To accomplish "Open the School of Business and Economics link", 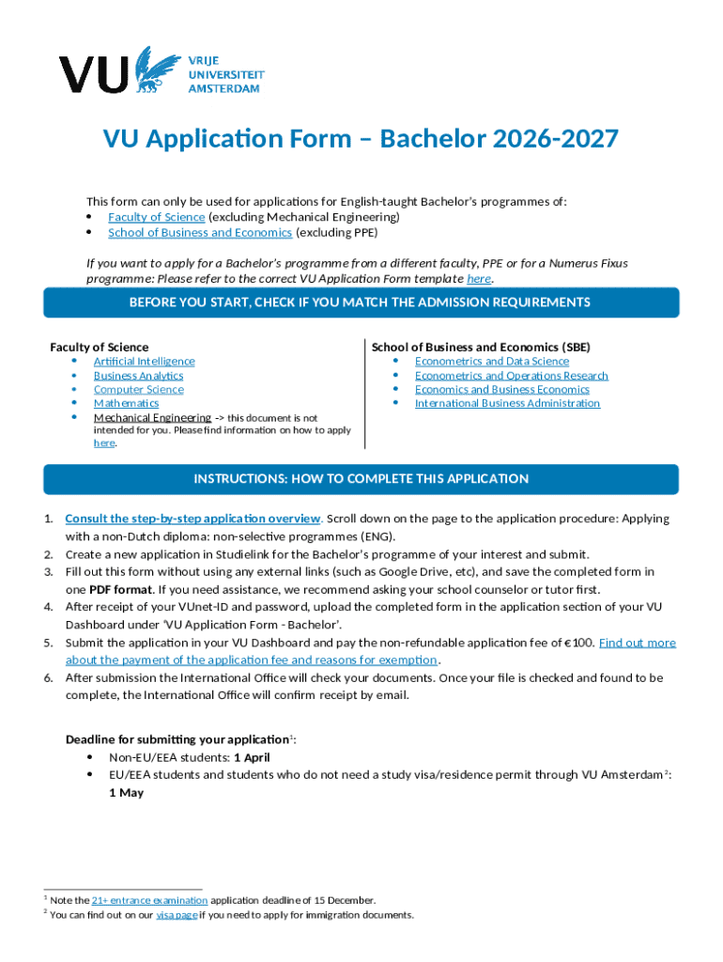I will coord(200,233).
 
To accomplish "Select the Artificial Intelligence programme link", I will coord(144,362).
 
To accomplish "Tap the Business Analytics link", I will coord(138,376).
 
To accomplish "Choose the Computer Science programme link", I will coord(138,390).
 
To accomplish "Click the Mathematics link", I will coord(126,404).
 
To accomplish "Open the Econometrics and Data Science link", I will coord(492,362).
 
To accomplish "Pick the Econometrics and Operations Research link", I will coord(512,376).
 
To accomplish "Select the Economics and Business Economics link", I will coord(502,390).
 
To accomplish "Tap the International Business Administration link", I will coord(507,404).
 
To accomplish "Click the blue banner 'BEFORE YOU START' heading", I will coord(361,303).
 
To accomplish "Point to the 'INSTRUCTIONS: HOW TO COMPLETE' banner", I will coord(361,479).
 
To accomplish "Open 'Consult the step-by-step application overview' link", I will coord(193,519).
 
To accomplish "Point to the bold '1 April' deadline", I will coord(252,757).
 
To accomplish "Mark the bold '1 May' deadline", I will coord(126,793).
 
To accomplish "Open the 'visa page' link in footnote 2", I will coord(176,915).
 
